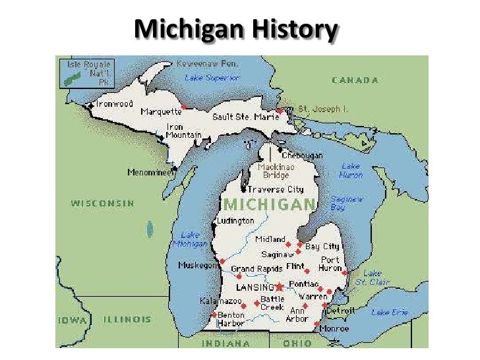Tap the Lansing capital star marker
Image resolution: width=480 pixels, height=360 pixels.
279,287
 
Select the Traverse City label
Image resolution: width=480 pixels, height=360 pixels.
276,190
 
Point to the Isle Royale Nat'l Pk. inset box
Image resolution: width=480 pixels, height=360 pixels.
86,73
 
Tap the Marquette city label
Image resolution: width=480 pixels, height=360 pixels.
160,111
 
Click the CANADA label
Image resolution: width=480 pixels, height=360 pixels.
355,80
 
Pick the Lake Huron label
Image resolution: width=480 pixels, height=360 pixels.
351,171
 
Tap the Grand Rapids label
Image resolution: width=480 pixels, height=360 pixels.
256,269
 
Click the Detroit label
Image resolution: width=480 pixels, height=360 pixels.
342,310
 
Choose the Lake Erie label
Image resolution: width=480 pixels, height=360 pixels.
390,313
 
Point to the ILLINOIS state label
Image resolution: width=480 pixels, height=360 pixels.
127,319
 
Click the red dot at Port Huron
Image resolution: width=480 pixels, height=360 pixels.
344,271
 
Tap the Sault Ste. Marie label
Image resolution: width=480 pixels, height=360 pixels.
245,117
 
